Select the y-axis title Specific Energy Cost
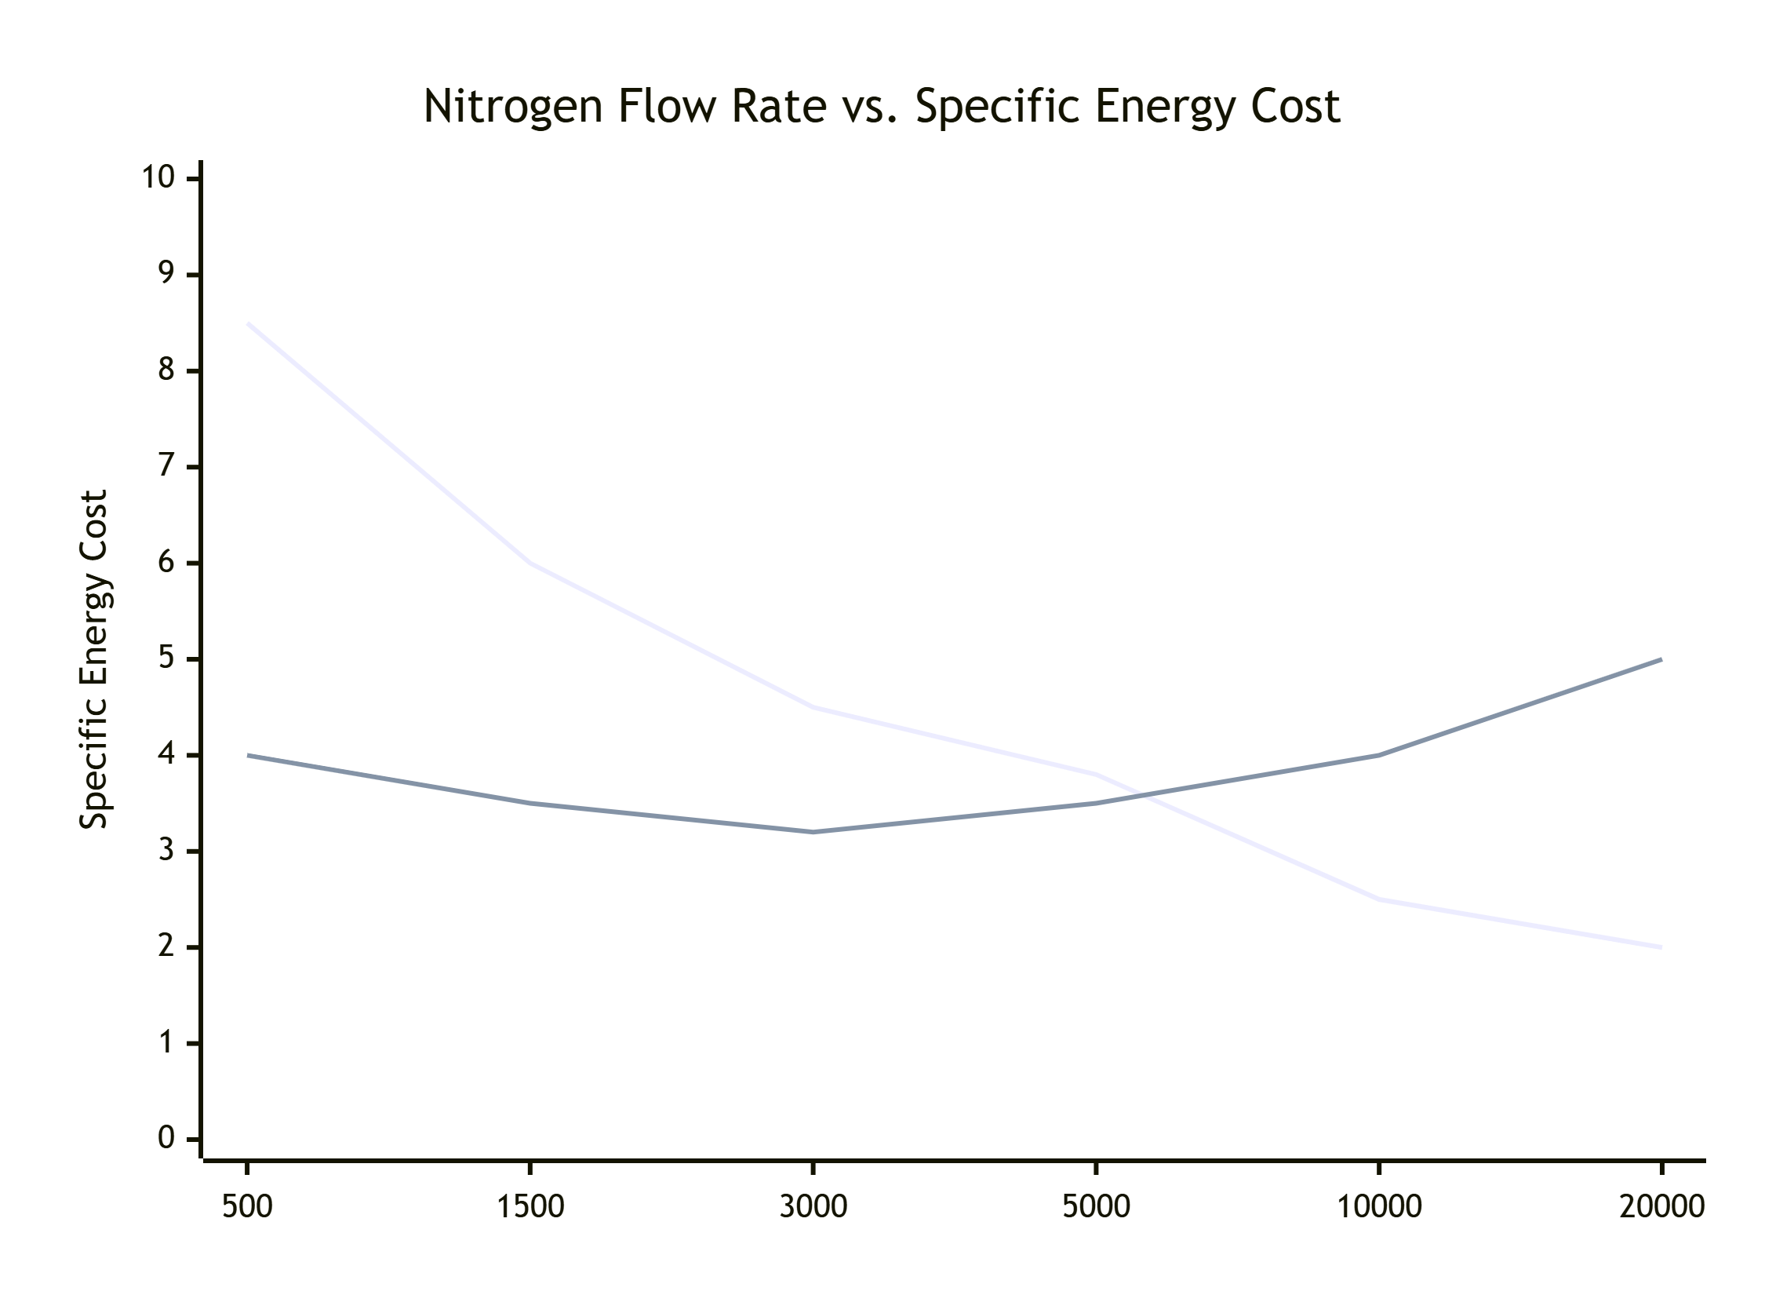94,659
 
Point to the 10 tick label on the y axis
158,177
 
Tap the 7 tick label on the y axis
166,466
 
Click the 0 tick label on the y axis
166,1137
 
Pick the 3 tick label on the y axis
166,850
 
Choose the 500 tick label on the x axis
247,1206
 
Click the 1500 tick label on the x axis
530,1206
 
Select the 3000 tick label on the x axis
813,1206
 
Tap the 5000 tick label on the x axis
1096,1206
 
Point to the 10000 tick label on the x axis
1379,1206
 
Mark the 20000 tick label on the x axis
1661,1206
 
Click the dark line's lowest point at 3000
813,832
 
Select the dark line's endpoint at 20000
1661,659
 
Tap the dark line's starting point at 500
248,755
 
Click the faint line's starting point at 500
248,323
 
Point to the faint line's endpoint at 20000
1661,947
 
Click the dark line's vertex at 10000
1379,755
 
